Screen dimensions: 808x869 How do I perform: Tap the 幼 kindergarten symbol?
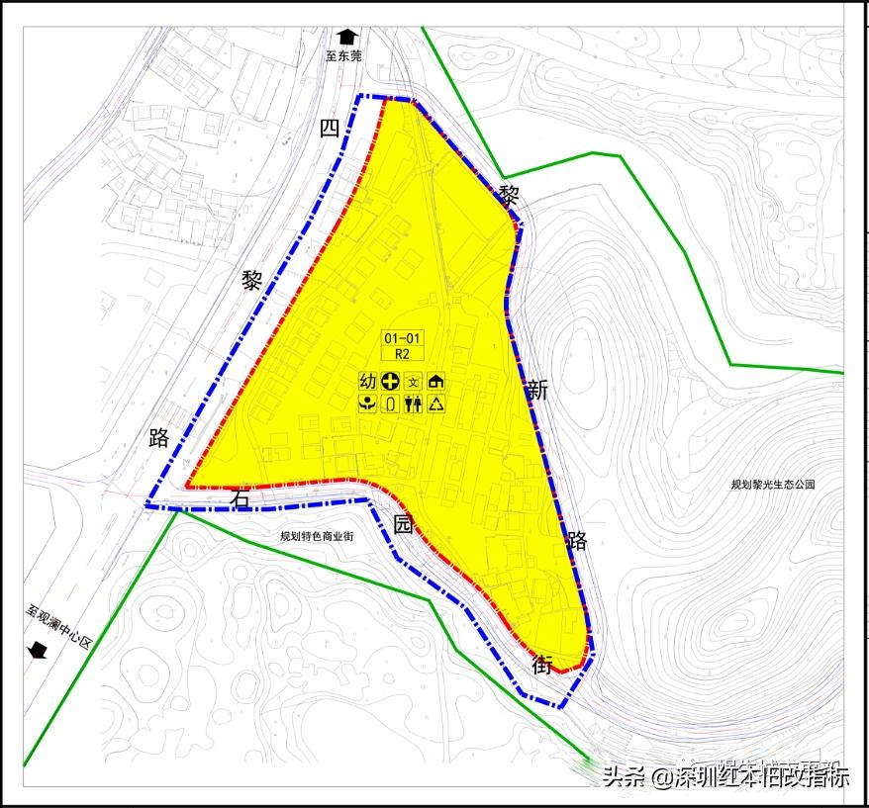click(x=367, y=381)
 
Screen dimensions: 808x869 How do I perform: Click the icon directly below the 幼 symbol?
click(x=367, y=404)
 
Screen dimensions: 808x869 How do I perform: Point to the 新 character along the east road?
click(x=537, y=390)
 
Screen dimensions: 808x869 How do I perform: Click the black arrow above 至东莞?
click(x=345, y=36)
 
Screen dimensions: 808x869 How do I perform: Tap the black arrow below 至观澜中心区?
click(x=39, y=649)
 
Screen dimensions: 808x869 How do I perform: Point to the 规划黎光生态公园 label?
click(x=772, y=485)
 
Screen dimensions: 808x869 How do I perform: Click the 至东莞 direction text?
click(x=344, y=56)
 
